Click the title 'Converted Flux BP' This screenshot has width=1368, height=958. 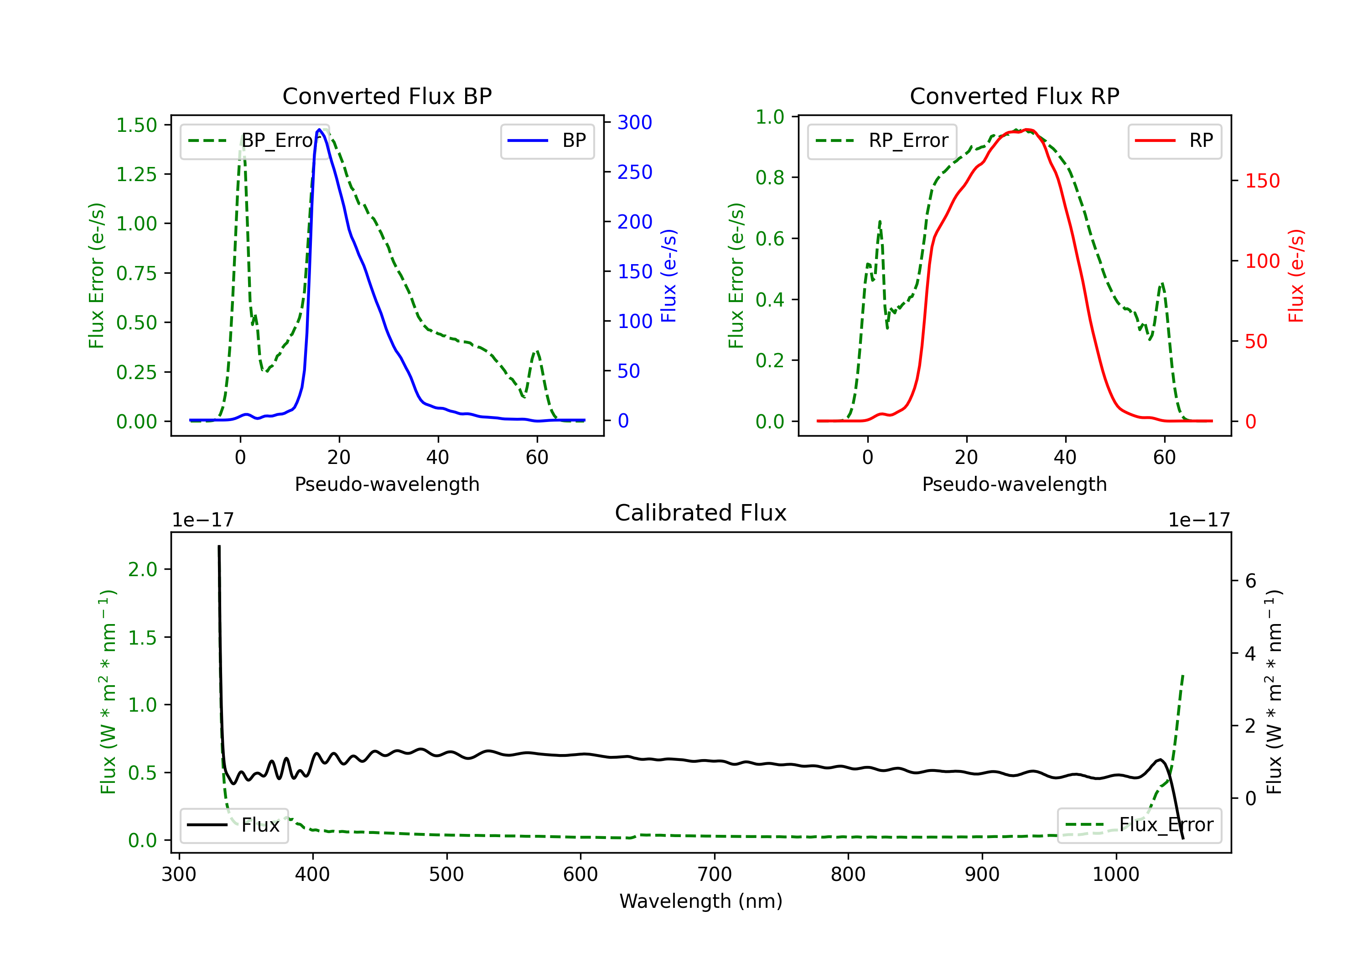pos(387,96)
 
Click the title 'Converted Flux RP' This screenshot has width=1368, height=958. pos(1014,96)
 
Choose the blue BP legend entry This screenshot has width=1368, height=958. pos(547,141)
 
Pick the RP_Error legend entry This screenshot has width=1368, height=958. pos(882,141)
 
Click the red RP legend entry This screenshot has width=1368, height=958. pos(1174,141)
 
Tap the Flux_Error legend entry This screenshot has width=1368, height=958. pos(1139,825)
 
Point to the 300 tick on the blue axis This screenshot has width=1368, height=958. pos(635,122)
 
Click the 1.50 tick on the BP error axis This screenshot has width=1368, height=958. pos(136,125)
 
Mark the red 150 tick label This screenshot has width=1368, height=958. pos(1262,181)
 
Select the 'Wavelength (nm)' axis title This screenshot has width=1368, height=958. pos(701,901)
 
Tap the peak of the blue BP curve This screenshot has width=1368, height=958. pos(319,130)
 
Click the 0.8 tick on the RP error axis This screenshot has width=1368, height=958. pos(770,177)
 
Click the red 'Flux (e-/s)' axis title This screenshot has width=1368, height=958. pos(1296,276)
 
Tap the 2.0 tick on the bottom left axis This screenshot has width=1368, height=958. pos(142,569)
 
